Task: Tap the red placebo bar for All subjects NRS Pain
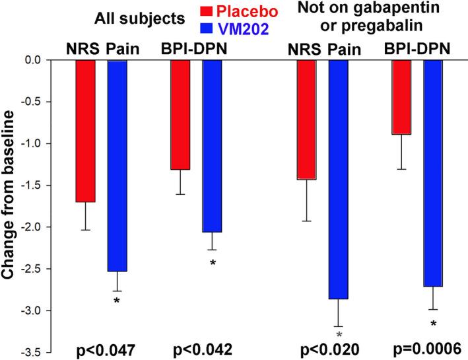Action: pos(85,131)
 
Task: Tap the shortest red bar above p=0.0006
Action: pos(402,97)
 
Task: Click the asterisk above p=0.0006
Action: pos(433,324)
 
